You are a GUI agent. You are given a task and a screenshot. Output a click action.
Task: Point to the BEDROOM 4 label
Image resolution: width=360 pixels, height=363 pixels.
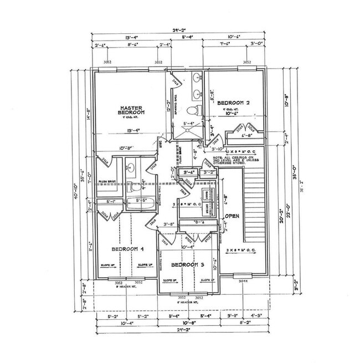[127, 249]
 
